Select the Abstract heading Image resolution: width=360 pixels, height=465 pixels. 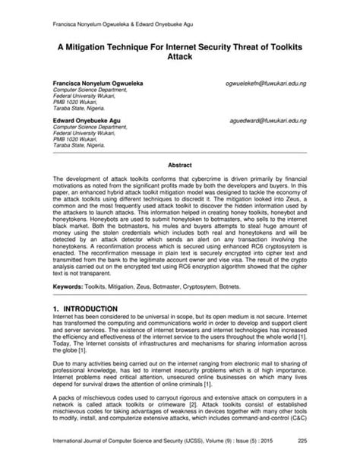tap(180, 163)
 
